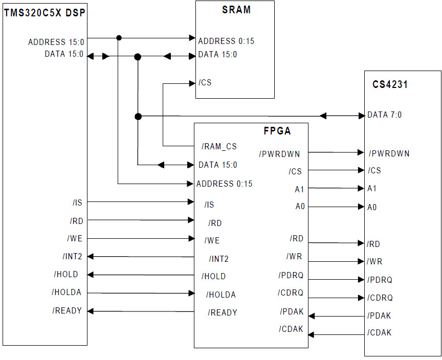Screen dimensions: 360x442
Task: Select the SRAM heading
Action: click(x=236, y=10)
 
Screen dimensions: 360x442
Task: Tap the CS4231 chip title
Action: click(x=390, y=85)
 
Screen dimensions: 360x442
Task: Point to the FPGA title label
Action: click(x=277, y=131)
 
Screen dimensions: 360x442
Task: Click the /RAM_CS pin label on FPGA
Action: click(x=219, y=147)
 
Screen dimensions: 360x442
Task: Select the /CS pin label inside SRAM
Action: click(x=205, y=83)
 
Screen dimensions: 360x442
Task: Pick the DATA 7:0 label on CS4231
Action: click(x=384, y=115)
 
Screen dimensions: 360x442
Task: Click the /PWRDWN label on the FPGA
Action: click(x=279, y=154)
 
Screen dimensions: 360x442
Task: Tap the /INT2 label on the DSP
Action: click(x=72, y=256)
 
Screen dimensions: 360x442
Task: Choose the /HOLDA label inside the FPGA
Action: click(x=221, y=295)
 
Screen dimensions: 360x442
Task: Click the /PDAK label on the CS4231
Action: click(x=379, y=316)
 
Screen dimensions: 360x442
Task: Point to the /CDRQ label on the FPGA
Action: click(x=291, y=293)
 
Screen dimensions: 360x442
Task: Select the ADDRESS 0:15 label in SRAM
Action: click(x=226, y=41)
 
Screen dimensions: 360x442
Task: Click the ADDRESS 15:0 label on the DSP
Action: click(x=56, y=42)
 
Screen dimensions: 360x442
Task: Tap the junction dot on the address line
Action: click(x=119, y=37)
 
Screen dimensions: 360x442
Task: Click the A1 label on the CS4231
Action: click(x=372, y=189)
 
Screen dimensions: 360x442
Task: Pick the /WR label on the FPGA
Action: click(x=295, y=256)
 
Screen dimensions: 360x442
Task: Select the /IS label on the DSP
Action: click(x=77, y=203)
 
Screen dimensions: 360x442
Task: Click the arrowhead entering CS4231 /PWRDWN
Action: click(x=361, y=152)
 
